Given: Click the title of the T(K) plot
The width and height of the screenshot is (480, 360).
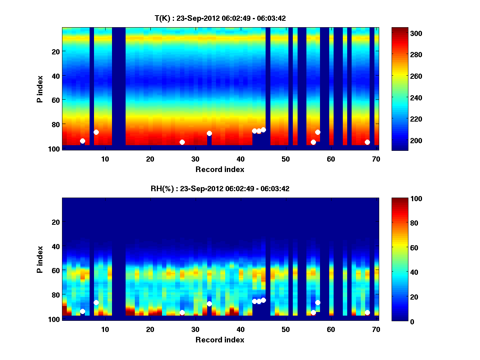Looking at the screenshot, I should (220, 18).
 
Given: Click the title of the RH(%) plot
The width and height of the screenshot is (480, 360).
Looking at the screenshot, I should (220, 188).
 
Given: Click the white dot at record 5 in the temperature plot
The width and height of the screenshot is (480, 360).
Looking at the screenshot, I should (82, 141).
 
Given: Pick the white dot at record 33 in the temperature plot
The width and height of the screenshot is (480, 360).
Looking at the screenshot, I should (209, 133).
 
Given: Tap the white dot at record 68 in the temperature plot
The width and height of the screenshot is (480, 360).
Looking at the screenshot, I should (367, 142).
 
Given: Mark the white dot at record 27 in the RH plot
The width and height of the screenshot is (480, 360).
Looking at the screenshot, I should (182, 312).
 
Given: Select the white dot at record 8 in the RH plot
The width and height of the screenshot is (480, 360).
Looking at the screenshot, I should (96, 302).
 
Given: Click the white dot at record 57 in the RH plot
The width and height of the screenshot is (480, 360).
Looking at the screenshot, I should (318, 302).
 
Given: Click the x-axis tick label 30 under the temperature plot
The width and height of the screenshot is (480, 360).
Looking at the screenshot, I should (195, 159).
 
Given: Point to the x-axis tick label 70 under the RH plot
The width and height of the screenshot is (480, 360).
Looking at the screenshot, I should (376, 329).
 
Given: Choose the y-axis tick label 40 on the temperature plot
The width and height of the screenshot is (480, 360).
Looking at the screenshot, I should (55, 76).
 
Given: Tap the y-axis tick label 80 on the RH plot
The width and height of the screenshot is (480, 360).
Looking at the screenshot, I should (55, 295).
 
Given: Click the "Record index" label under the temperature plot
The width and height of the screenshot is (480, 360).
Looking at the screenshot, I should (220, 169).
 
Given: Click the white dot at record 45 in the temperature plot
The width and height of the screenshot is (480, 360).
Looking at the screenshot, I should (263, 130).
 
